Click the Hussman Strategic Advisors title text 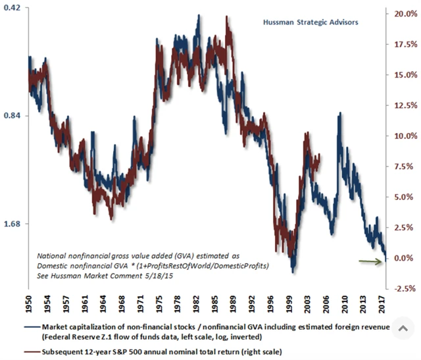click(310, 22)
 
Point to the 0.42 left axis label click(13, 8)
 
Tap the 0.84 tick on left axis click(13, 116)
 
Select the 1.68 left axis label click(13, 224)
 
